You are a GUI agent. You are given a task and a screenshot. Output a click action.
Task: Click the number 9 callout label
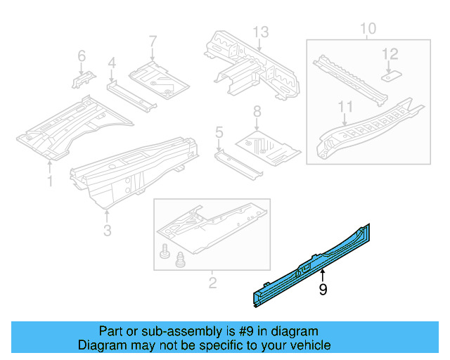point(323,289)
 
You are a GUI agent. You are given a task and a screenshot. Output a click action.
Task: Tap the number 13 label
point(261,31)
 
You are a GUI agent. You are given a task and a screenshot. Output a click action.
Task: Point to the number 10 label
point(368,28)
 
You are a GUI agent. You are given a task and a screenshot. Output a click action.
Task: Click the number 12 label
point(390,54)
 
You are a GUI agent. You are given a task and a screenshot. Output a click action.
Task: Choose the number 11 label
point(345,108)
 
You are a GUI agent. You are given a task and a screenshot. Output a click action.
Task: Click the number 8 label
point(257,111)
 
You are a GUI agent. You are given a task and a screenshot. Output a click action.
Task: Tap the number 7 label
point(152,41)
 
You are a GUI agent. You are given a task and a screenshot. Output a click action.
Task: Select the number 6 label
point(82,56)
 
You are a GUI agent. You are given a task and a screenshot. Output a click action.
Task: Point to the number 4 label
point(111,65)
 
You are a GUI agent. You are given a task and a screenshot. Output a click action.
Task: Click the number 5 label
point(219,132)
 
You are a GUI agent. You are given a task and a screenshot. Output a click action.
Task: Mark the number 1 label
point(49,182)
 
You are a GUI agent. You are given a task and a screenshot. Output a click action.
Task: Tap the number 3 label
point(106,230)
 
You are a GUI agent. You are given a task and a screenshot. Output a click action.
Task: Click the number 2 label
point(212,283)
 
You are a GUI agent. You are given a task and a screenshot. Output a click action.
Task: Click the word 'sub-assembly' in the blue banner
point(167,331)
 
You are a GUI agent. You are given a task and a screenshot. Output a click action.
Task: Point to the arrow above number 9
point(323,275)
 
